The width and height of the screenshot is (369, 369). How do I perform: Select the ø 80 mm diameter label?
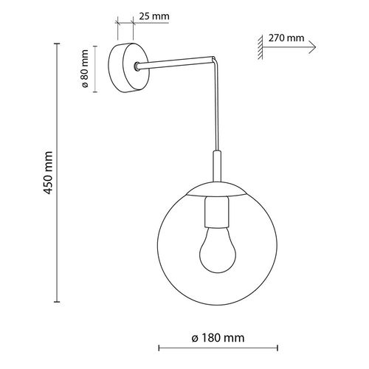pos(86,69)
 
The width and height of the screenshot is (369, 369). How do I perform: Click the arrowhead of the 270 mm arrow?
pos(313,45)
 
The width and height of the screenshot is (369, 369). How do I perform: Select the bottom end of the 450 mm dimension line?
pos(58,303)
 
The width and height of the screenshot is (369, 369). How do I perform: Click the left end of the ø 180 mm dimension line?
pos(159,348)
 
